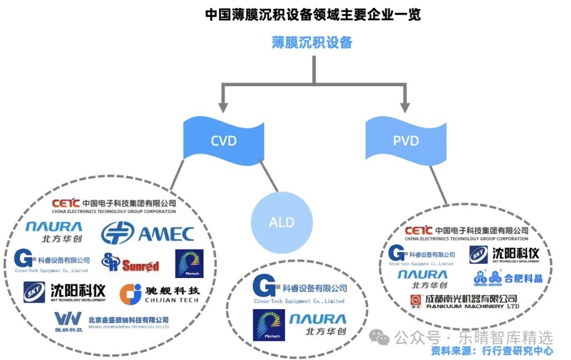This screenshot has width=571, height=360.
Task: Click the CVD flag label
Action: [x=223, y=141]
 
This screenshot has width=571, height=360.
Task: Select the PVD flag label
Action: [x=406, y=141]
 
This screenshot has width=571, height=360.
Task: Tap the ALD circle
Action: [x=281, y=222]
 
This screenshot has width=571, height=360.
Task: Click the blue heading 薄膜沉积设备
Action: [x=312, y=43]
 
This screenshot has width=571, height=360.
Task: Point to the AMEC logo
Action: [x=148, y=234]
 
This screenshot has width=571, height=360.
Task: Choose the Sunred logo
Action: [x=130, y=263]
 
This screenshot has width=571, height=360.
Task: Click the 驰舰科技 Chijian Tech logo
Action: [x=159, y=294]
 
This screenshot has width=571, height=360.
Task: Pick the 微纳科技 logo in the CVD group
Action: [x=111, y=321]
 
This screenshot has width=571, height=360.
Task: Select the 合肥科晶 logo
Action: [x=508, y=277]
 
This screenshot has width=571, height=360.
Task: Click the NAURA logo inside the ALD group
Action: [x=318, y=325]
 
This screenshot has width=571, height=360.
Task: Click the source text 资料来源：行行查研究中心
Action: [x=492, y=350]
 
